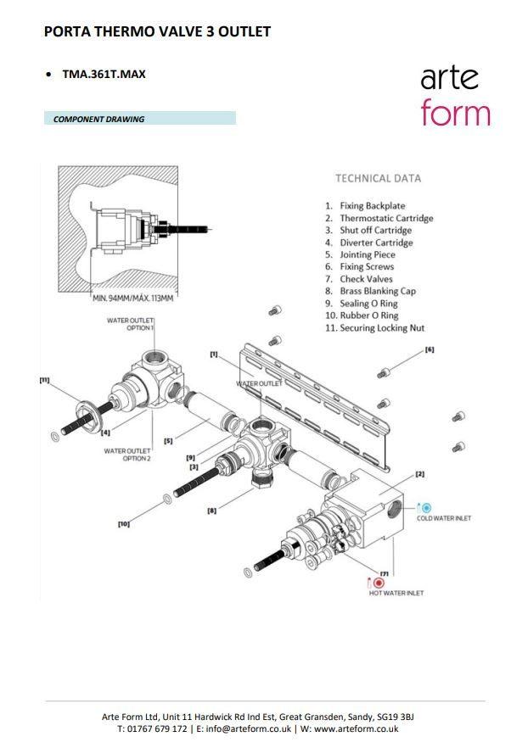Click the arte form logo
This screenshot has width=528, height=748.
click(455, 96)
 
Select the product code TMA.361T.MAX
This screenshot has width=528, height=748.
click(104, 74)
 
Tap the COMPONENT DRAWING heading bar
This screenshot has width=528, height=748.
click(139, 119)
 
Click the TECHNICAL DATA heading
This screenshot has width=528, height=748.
click(378, 178)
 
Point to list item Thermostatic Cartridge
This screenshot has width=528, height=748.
click(386, 218)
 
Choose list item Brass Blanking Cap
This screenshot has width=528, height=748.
click(378, 291)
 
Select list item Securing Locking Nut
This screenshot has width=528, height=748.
click(382, 328)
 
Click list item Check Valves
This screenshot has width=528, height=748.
click(365, 279)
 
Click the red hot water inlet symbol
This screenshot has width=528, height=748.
click(379, 583)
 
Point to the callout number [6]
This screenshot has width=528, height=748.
click(430, 349)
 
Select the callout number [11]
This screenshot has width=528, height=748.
click(44, 380)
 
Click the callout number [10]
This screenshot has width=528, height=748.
click(124, 524)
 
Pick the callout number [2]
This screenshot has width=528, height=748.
click(419, 474)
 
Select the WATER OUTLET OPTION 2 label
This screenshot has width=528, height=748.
click(127, 455)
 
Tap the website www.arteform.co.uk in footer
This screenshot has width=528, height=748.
click(356, 728)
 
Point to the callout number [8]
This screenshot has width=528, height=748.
click(212, 511)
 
